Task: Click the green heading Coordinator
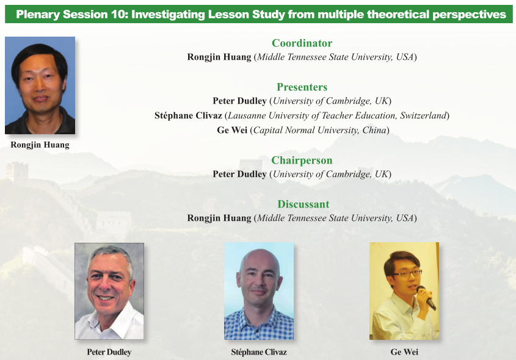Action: (302, 43)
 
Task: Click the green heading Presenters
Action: (302, 87)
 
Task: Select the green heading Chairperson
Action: (302, 160)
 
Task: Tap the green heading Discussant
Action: (303, 204)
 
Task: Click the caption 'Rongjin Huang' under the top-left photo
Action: (40, 145)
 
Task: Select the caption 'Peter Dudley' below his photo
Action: (109, 352)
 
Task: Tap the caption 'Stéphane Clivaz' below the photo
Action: (259, 352)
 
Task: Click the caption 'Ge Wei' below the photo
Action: (404, 352)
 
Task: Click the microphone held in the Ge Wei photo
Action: (426, 298)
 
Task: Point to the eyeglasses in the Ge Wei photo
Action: (407, 273)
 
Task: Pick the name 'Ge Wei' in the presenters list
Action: (232, 130)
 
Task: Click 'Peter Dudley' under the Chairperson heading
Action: (239, 175)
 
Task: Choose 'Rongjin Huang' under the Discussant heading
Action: (219, 218)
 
